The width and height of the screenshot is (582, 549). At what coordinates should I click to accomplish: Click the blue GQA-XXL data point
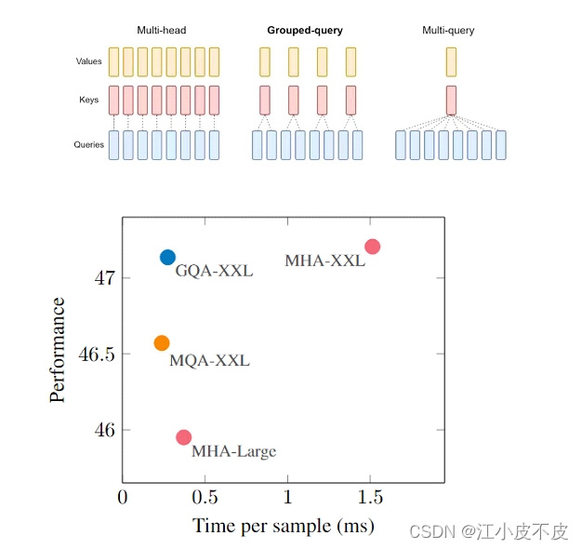167,257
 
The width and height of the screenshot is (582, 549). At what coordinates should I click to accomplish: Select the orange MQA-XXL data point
162,343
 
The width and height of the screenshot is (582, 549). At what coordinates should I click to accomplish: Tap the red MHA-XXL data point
373,247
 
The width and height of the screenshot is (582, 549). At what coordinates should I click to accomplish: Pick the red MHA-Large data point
183,437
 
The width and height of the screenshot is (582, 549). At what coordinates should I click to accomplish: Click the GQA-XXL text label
214,272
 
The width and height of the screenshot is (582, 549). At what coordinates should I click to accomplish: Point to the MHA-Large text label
233,452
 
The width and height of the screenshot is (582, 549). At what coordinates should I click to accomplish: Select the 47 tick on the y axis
105,278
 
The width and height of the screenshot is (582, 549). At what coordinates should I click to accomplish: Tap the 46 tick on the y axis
105,431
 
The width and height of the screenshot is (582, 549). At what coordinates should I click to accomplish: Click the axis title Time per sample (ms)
284,526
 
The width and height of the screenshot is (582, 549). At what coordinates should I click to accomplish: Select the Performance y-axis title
58,350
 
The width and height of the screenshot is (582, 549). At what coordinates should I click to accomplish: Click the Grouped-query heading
305,31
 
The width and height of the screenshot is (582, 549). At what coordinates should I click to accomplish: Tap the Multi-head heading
162,31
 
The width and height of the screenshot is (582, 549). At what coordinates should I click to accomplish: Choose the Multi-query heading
448,31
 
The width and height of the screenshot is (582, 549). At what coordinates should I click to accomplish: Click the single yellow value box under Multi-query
451,61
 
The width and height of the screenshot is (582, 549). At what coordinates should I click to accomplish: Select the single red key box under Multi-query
451,100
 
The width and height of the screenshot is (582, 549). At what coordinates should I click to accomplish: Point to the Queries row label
89,145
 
